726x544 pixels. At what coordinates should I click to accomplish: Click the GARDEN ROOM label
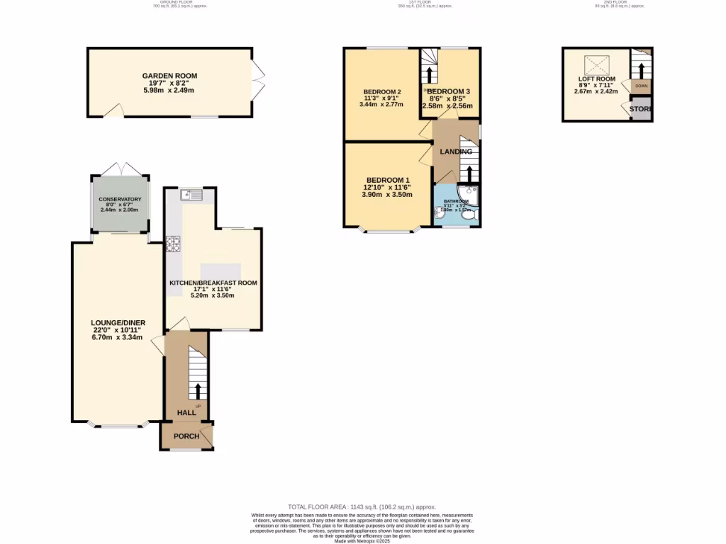[169, 76]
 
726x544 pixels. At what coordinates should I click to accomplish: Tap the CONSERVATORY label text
[121, 200]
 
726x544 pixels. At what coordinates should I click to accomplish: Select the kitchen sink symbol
[192, 194]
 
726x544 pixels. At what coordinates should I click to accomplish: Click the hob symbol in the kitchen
[173, 244]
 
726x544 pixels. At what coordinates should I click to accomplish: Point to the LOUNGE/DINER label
[118, 322]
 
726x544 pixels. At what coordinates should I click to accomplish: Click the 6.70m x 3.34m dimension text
[118, 338]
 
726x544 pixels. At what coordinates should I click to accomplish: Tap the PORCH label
[186, 436]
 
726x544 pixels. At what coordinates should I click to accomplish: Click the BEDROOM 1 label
[388, 180]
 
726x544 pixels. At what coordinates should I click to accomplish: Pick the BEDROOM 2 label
[382, 92]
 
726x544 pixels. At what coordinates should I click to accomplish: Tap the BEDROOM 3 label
[449, 91]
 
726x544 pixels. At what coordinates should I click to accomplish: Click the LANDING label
[456, 152]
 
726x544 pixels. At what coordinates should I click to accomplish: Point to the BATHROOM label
[457, 201]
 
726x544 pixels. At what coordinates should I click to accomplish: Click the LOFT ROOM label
[596, 79]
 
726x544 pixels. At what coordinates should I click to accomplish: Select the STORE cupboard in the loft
[641, 109]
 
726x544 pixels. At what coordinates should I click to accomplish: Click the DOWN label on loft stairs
[641, 86]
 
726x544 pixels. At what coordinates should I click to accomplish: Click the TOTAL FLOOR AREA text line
[362, 507]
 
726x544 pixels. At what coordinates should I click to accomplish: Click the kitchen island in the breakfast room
[220, 272]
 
